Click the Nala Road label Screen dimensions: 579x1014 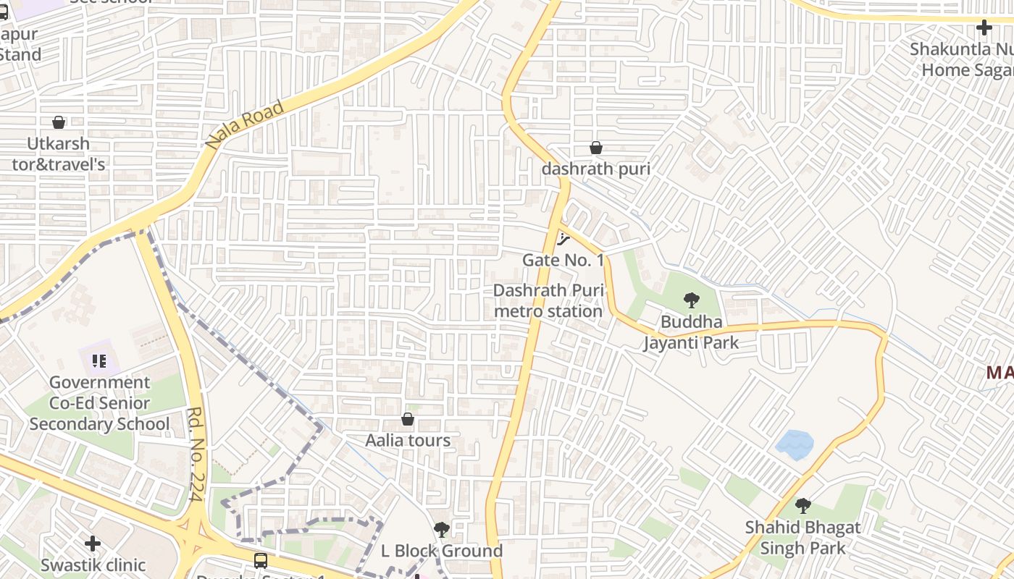click(245, 125)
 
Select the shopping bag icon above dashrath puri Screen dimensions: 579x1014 click(596, 148)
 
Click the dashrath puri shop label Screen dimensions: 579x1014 click(596, 169)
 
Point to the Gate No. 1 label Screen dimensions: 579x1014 click(563, 260)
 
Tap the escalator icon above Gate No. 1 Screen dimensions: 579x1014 click(563, 240)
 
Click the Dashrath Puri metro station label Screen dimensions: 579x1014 click(548, 300)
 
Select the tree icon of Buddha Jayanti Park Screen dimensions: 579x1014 click(692, 300)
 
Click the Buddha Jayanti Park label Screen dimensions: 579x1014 click(692, 331)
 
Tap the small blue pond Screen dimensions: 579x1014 click(795, 444)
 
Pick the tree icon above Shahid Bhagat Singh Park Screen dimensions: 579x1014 click(803, 506)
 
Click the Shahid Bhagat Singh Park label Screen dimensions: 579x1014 click(803, 538)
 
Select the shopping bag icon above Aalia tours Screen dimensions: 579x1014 click(408, 419)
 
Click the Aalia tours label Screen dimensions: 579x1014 click(408, 440)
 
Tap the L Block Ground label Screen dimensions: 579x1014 click(442, 551)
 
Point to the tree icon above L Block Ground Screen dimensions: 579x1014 click(441, 530)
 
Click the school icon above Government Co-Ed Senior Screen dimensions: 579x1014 click(99, 360)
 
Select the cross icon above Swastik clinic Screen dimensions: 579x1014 click(93, 543)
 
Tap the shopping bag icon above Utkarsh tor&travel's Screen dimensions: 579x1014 click(59, 122)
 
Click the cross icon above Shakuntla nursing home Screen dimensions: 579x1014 click(984, 28)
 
